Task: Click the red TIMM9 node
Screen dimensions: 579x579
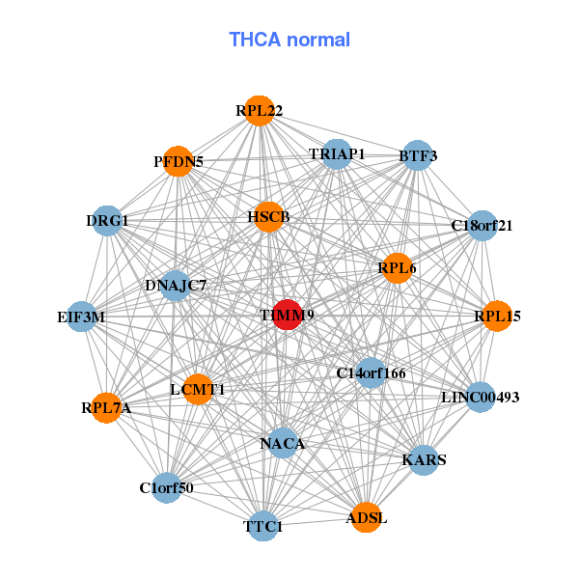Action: click(x=287, y=315)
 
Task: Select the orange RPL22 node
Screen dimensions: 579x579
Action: click(x=258, y=111)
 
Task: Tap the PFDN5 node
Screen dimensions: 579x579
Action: click(x=178, y=161)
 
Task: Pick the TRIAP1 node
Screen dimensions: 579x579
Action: click(x=336, y=154)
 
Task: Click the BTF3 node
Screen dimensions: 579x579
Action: click(x=417, y=155)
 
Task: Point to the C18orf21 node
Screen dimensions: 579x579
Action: click(x=481, y=226)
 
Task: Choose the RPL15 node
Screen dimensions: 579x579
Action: click(x=496, y=316)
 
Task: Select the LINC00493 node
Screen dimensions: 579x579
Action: click(x=480, y=397)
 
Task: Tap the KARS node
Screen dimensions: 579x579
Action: click(x=424, y=460)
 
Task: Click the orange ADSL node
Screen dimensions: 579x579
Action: click(x=366, y=518)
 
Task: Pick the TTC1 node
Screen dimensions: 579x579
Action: click(x=263, y=526)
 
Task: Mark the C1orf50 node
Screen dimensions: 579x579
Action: click(x=167, y=487)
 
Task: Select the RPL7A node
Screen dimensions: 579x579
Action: click(x=106, y=408)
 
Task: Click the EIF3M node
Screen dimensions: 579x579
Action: click(x=81, y=316)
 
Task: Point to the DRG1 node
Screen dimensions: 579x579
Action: click(x=107, y=221)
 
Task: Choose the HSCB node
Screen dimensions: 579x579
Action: click(x=267, y=216)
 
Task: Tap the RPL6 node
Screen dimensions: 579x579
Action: click(x=397, y=267)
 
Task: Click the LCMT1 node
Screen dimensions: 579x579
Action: click(x=197, y=390)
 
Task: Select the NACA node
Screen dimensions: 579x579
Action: click(x=282, y=443)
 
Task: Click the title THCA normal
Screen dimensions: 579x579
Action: click(x=289, y=40)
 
